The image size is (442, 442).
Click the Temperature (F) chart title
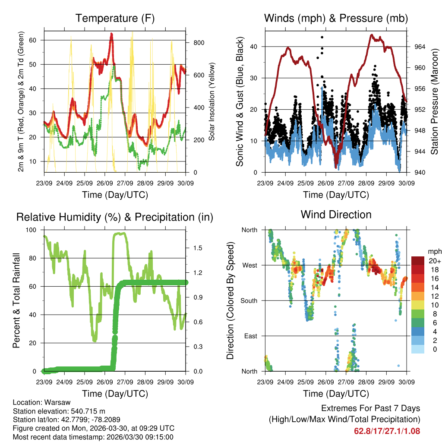coord(115,18)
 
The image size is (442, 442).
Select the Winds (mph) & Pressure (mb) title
coord(336,18)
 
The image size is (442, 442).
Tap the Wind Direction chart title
coord(336,214)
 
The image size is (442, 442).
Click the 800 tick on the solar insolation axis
coord(199,43)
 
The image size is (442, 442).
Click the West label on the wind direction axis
coord(249,265)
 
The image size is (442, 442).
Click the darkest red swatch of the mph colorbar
coord(417,261)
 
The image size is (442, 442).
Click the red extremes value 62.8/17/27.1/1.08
coord(387,431)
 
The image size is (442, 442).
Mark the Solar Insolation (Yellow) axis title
coord(212,102)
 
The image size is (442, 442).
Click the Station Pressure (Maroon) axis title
coord(434,102)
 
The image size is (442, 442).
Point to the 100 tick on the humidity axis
coord(32,230)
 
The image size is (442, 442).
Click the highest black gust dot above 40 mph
coord(322,38)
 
